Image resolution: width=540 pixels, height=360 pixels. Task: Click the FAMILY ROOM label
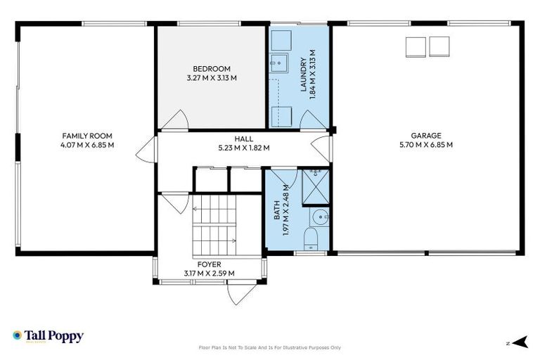pos(87,136)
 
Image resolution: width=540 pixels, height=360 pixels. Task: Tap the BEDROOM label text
pos(212,68)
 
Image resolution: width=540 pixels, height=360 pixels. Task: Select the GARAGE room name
pos(426,136)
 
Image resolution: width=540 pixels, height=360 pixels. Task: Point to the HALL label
pos(243,139)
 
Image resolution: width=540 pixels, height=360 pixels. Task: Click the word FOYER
pos(209,264)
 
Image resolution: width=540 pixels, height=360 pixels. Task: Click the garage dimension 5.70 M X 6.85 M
pos(426,145)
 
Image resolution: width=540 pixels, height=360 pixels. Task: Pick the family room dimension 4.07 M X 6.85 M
pos(87,145)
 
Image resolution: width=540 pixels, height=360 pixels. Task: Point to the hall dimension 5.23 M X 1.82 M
pos(243,148)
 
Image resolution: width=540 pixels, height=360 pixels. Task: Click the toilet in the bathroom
pos(311,239)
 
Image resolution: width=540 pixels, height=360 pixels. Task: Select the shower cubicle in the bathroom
pos(316,186)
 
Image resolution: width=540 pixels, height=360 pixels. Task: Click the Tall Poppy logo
pos(48,336)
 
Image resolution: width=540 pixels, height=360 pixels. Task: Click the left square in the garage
pos(416,46)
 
